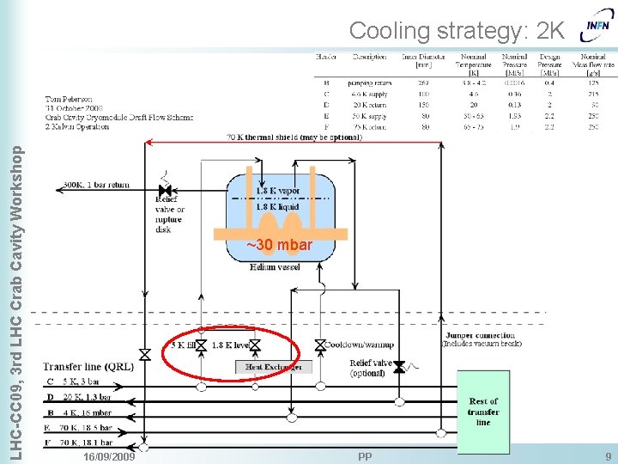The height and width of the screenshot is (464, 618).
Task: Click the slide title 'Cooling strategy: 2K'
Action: [457, 31]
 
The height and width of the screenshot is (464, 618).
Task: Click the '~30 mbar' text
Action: [280, 246]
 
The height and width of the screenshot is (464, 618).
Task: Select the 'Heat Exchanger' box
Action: [267, 367]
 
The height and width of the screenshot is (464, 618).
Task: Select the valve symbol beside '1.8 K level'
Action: [254, 345]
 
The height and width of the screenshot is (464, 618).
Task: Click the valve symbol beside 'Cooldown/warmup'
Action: [320, 345]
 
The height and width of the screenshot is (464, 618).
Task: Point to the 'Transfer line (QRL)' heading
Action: [88, 366]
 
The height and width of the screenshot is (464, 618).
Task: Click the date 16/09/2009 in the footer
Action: [109, 455]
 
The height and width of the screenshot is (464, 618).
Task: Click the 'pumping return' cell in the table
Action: [369, 83]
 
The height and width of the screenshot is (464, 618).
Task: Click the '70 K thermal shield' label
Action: [294, 137]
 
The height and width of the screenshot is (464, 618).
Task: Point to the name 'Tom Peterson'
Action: [70, 99]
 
